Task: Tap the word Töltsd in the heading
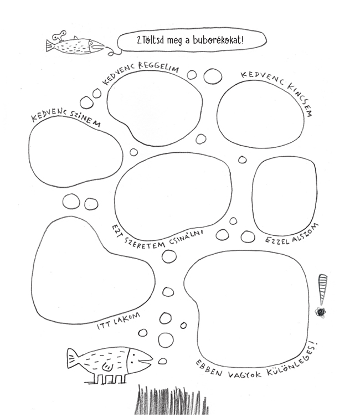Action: click(x=153, y=40)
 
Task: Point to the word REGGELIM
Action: click(x=158, y=67)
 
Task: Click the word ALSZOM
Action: click(x=305, y=233)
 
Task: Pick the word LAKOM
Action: click(x=127, y=319)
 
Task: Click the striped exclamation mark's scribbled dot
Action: click(x=320, y=312)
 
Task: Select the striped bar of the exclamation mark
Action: click(x=322, y=289)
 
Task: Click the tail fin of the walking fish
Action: click(x=72, y=358)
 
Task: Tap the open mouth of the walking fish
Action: click(x=147, y=361)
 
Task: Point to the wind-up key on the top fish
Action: click(x=59, y=36)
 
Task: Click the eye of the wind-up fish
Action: click(x=91, y=43)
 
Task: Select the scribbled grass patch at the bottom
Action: click(x=172, y=400)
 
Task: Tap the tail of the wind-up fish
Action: click(x=50, y=46)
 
